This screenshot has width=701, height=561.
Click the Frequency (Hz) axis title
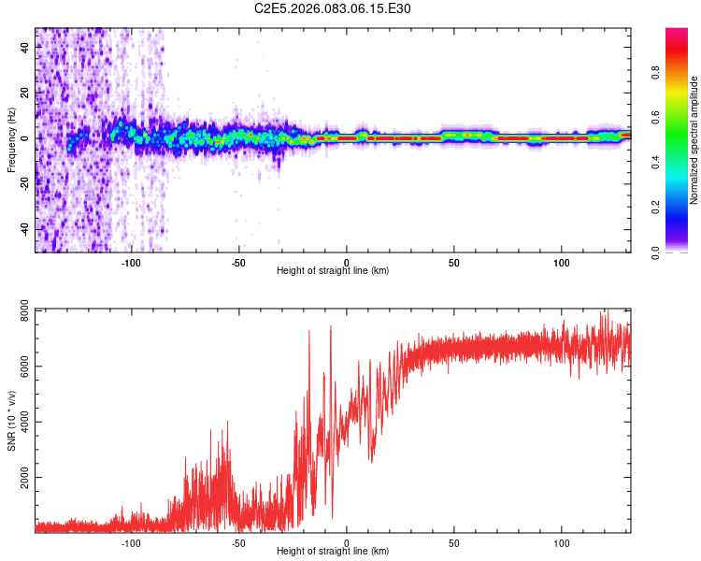(11, 139)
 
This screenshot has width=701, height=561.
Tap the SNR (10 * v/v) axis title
(11, 420)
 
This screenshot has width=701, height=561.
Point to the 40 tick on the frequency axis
(24, 48)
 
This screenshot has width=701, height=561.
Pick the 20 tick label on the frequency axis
(24, 93)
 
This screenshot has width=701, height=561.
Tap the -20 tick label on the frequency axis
(22, 184)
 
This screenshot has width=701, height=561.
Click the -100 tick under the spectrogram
(131, 263)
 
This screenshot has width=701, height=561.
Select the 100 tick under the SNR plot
(562, 543)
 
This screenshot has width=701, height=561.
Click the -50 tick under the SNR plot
(238, 543)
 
